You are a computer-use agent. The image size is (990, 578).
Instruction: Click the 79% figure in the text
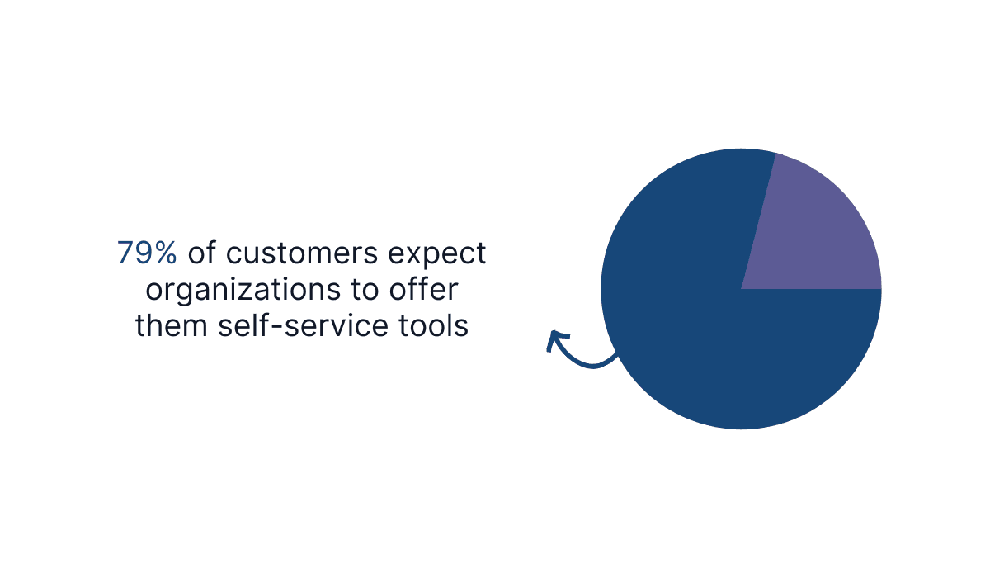tap(147, 253)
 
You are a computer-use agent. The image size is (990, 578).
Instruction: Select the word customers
tap(302, 253)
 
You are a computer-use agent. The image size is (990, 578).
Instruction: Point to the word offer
tap(423, 289)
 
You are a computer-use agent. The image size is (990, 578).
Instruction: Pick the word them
tap(172, 325)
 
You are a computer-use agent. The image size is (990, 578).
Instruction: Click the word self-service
tap(303, 325)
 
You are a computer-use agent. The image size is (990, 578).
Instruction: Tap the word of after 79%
tap(202, 253)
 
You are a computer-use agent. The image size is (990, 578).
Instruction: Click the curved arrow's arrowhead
tap(556, 339)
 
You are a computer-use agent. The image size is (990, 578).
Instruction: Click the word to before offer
tap(365, 290)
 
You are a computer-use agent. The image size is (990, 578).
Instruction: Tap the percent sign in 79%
tap(163, 253)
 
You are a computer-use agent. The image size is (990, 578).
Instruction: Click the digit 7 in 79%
tap(125, 253)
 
